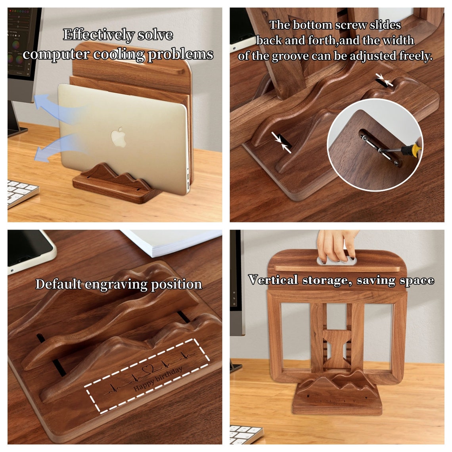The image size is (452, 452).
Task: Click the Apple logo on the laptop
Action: point(119,137)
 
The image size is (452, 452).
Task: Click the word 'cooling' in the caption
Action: point(119,54)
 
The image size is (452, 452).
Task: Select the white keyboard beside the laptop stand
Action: point(22,192)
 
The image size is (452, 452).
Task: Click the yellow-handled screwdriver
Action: point(408,149)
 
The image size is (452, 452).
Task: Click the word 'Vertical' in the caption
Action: point(273,280)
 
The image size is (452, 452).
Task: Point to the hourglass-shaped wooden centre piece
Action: point(337,349)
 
